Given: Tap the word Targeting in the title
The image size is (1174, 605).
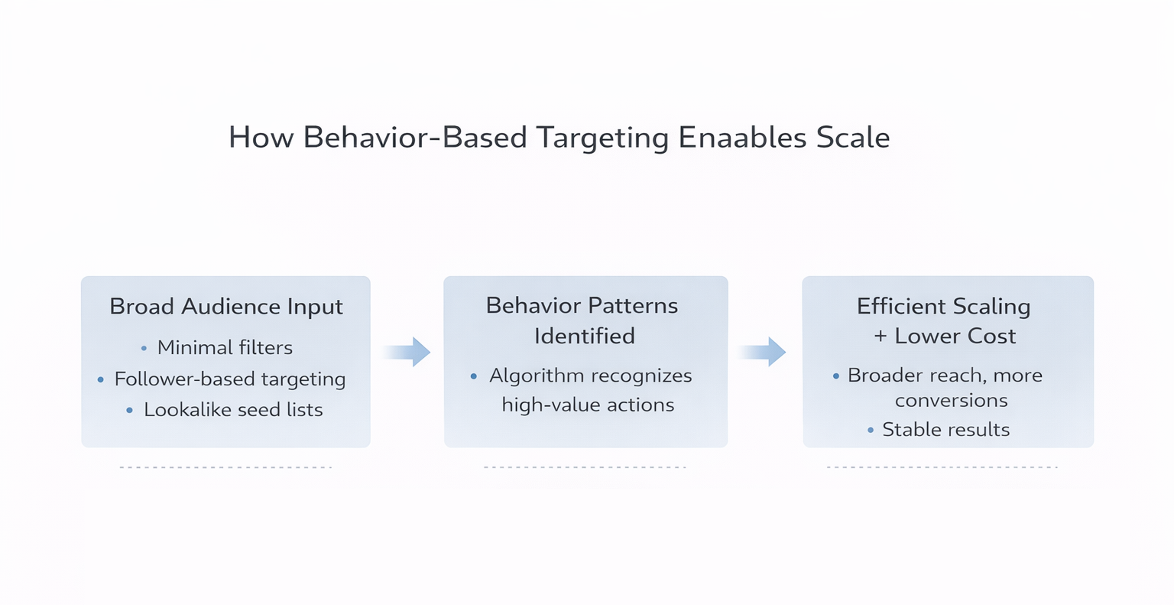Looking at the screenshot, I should pyautogui.click(x=602, y=138).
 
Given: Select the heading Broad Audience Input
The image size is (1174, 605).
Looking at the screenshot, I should pyautogui.click(x=225, y=307).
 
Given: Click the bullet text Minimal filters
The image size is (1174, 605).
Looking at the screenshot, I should pyautogui.click(x=225, y=348).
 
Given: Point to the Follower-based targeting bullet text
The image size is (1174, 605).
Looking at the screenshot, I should pyautogui.click(x=230, y=379).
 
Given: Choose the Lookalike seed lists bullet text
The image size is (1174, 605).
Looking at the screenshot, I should pyautogui.click(x=233, y=410).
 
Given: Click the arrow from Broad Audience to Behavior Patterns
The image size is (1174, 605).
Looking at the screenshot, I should pyautogui.click(x=407, y=352).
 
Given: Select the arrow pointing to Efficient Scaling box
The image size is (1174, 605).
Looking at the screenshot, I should pyautogui.click(x=763, y=352).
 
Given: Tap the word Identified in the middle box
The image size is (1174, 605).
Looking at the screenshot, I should pyautogui.click(x=585, y=336).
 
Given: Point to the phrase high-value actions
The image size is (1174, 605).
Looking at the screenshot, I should pyautogui.click(x=588, y=405).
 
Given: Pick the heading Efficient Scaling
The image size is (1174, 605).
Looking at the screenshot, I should pyautogui.click(x=943, y=307).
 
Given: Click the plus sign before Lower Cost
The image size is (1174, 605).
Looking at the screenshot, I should pyautogui.click(x=880, y=337).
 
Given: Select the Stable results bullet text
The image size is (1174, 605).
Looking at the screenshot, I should pyautogui.click(x=945, y=430).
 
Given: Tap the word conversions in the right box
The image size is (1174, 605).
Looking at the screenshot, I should pyautogui.click(x=951, y=401).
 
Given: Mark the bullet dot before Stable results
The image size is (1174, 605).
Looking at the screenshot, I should pyautogui.click(x=871, y=431).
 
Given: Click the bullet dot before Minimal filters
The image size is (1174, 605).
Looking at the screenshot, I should pyautogui.click(x=144, y=349).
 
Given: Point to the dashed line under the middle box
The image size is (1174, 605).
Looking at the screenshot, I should pyautogui.click(x=585, y=467).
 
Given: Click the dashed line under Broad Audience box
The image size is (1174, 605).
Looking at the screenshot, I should pyautogui.click(x=225, y=467).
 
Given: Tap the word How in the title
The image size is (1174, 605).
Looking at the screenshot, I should pyautogui.click(x=261, y=138).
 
